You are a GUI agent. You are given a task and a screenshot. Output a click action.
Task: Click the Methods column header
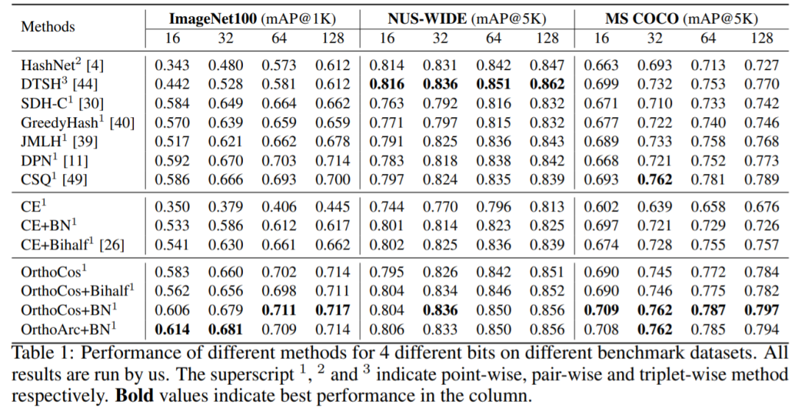(x=48, y=27)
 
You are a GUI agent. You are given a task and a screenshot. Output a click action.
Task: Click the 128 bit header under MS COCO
(x=761, y=38)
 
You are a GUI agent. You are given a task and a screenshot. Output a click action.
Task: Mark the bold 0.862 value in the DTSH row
(x=547, y=84)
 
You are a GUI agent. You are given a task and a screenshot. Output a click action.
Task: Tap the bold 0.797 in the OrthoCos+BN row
(x=761, y=311)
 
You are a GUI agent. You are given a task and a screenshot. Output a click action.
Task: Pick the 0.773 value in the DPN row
(x=761, y=159)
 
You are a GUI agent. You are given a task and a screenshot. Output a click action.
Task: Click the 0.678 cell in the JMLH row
(x=333, y=140)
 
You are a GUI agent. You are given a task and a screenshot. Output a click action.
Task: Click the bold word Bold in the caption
(x=134, y=396)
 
